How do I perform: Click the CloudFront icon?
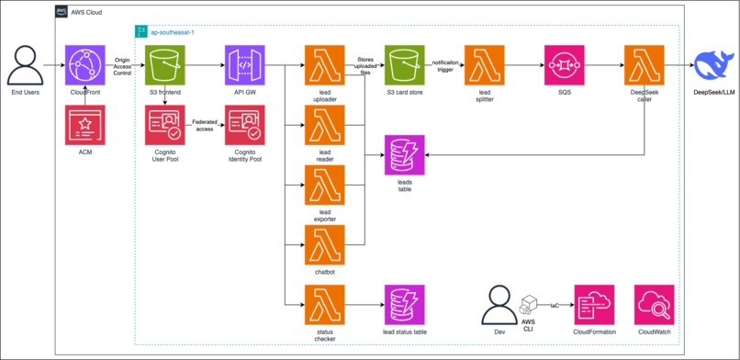[x=85, y=66]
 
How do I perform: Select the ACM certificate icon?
[x=85, y=125]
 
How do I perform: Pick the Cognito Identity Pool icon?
[x=244, y=125]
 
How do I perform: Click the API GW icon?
[x=244, y=66]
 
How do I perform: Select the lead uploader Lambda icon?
[x=324, y=66]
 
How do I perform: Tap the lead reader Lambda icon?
[x=324, y=126]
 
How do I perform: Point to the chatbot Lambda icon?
[x=324, y=244]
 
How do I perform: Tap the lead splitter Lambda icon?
[x=484, y=66]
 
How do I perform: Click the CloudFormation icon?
[x=594, y=304]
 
